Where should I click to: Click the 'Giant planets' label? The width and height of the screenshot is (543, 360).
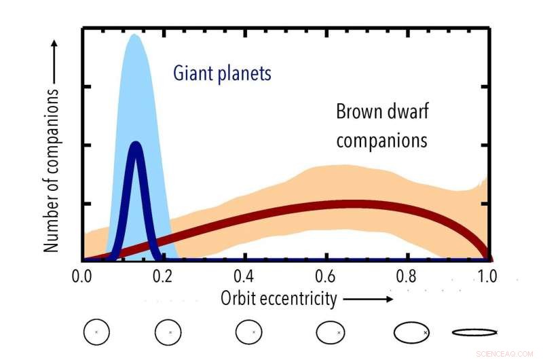coord(222,73)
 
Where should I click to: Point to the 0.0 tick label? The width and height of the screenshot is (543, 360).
coord(81,277)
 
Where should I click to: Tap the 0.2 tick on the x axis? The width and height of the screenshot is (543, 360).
coord(162,277)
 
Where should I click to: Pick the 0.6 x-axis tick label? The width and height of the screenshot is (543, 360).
coord(325,277)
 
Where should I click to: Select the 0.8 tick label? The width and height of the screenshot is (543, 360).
coord(406,277)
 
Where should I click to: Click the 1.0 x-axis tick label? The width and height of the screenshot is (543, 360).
coord(486,277)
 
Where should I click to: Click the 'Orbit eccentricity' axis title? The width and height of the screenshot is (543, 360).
coord(278,298)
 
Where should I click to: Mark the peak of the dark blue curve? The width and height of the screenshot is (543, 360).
coord(136,145)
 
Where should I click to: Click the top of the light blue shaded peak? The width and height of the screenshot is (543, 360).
coord(134,35)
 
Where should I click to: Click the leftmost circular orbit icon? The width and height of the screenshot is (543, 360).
coord(96,332)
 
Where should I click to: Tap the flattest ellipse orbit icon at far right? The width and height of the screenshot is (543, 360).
coord(474,332)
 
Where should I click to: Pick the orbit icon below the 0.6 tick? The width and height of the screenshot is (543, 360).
coord(332,332)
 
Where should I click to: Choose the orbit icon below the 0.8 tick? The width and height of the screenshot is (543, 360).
coord(411,332)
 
